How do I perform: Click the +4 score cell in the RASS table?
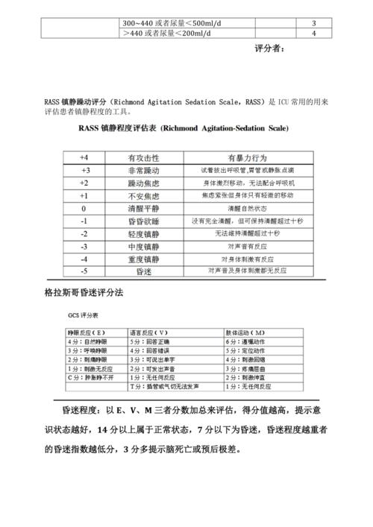coord(84,158)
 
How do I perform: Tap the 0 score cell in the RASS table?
coord(84,209)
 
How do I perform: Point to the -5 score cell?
coord(84,271)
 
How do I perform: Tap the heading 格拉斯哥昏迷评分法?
coord(84,293)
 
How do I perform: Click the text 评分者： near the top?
coord(269,48)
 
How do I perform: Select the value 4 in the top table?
coord(313,33)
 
